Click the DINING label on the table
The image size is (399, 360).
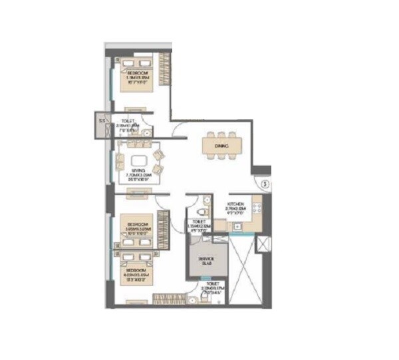[221, 145]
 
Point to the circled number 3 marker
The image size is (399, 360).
[263, 184]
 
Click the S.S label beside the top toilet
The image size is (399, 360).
[102, 121]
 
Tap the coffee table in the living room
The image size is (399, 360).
[140, 160]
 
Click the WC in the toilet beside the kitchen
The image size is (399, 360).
[205, 210]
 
